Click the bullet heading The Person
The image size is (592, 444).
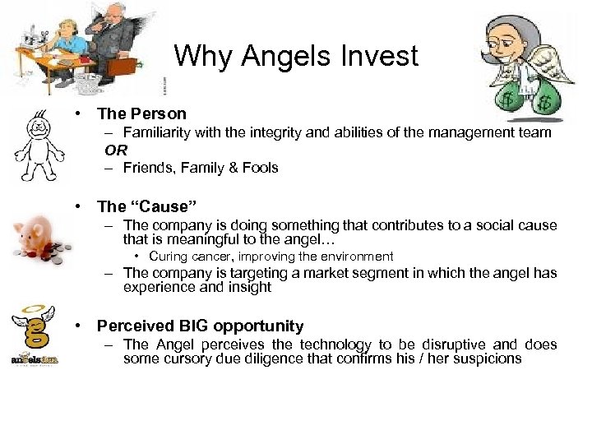[141, 113]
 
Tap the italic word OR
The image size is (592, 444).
[116, 150]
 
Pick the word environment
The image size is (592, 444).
[354, 257]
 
